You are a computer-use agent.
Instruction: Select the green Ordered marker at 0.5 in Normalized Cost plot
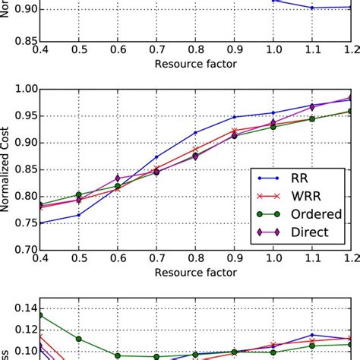click(78, 194)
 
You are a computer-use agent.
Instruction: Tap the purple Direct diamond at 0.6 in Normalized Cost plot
click(117, 178)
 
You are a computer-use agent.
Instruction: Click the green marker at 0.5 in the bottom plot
click(78, 339)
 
